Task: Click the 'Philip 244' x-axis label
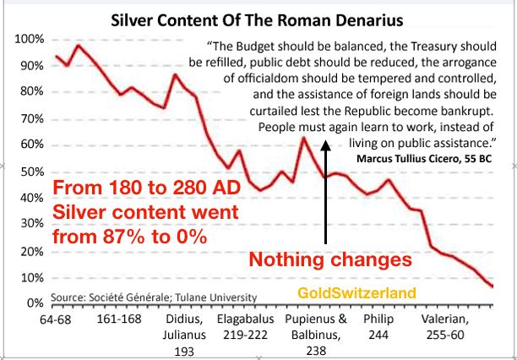point(379,329)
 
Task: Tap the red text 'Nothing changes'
point(333,259)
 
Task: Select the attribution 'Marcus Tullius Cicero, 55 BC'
point(424,158)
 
